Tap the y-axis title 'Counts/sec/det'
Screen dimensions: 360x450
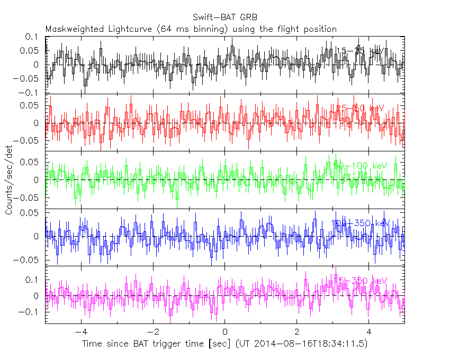click(9, 180)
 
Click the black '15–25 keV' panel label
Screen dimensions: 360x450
click(360, 51)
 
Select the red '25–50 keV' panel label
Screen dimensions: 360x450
click(360, 108)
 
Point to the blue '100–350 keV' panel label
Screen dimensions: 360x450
click(360, 223)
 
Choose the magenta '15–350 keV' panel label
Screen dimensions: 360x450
click(360, 281)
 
